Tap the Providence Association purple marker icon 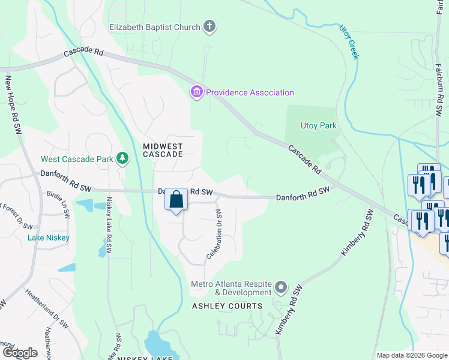click(196, 92)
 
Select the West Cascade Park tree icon click(123, 158)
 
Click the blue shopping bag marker click(176, 200)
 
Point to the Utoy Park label click(319, 125)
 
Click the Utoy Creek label click(349, 41)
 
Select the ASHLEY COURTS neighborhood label click(227, 306)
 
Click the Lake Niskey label click(49, 238)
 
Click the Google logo click(20, 352)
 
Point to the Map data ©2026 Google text click(412, 355)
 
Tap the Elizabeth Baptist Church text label click(154, 26)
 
